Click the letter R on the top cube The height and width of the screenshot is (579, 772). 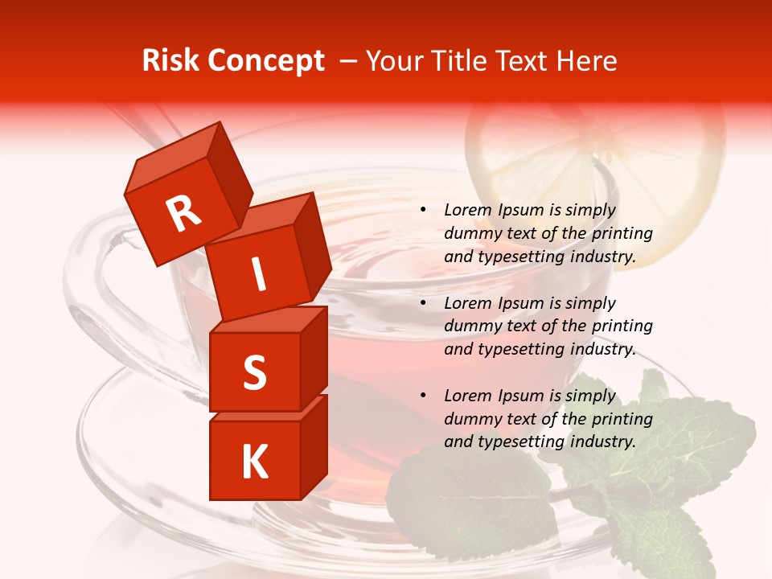pyautogui.click(x=183, y=214)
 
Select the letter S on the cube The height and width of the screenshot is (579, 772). pyautogui.click(x=254, y=372)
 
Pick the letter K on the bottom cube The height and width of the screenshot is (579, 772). pyautogui.click(x=254, y=462)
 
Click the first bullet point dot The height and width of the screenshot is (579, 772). pyautogui.click(x=422, y=211)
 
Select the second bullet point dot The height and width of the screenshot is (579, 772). pyautogui.click(x=422, y=304)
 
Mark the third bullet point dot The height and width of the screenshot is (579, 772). pyautogui.click(x=422, y=396)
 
